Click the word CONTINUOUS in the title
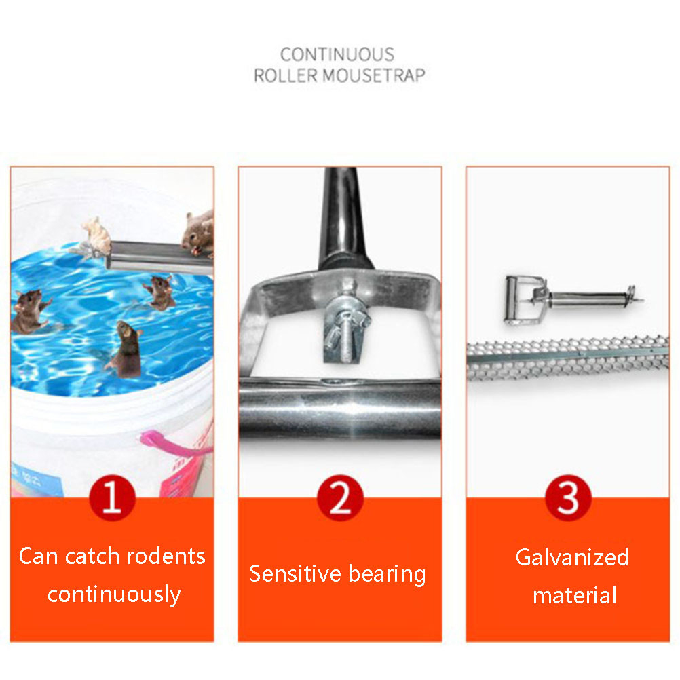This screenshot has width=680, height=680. pyautogui.click(x=337, y=55)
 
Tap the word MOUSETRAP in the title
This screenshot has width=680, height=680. pyautogui.click(x=373, y=75)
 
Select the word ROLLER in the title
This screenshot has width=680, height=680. pyautogui.click(x=286, y=75)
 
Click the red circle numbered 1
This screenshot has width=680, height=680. pyautogui.click(x=113, y=497)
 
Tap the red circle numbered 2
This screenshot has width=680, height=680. pyautogui.click(x=340, y=497)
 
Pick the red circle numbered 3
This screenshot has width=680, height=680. pyautogui.click(x=568, y=497)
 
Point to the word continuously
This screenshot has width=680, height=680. pyautogui.click(x=114, y=594)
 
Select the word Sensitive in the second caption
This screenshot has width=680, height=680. pyautogui.click(x=295, y=573)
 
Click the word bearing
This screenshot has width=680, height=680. pyautogui.click(x=387, y=575)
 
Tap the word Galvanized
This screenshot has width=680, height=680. pyautogui.click(x=572, y=557)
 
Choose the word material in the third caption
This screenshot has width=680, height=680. pyautogui.click(x=575, y=595)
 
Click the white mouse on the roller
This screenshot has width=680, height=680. pyautogui.click(x=96, y=236)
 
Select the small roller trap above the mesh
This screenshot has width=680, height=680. pyautogui.click(x=573, y=299)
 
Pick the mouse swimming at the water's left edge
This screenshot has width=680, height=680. pyautogui.click(x=29, y=311)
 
